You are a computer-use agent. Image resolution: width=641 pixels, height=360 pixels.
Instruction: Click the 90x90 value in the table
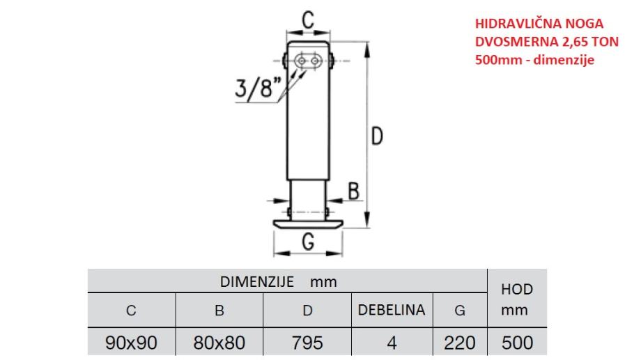coord(131,343)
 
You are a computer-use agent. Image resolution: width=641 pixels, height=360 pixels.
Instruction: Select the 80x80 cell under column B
coord(219,343)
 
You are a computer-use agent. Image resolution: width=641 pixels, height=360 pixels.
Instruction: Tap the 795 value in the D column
coord(307,343)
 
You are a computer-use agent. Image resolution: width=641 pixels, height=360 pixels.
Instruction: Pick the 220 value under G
coord(460,343)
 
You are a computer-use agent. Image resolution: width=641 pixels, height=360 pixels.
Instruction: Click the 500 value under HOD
coord(518,343)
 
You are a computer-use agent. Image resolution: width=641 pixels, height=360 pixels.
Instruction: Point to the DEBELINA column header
coord(392,310)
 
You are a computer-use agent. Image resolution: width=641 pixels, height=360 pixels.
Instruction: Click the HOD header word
coord(517,289)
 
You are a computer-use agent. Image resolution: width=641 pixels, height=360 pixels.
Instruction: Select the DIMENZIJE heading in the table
coord(257,281)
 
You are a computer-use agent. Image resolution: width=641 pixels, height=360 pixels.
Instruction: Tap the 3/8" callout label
coord(258,88)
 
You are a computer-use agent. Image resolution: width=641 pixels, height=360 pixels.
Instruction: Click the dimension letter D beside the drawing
coord(377,136)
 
